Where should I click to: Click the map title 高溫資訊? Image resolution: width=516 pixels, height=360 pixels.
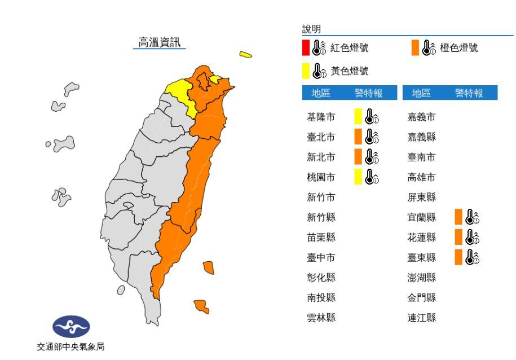160,42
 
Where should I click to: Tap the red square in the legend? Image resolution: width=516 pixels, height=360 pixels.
306,48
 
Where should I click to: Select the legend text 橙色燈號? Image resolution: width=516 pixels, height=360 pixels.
458,48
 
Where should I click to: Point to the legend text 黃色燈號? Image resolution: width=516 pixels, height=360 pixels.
349,71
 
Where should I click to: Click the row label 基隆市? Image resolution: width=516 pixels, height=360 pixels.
321,117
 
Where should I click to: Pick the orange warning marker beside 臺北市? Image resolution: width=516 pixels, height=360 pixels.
358,137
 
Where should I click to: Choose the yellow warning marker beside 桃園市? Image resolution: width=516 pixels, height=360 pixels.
358,177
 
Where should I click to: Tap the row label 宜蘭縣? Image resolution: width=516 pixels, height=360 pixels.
422,217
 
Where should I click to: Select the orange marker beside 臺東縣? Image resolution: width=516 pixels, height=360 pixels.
458,257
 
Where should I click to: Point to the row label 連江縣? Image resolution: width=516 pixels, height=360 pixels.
422,318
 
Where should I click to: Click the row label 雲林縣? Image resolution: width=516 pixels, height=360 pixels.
321,318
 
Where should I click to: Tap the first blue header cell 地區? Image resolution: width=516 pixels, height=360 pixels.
321,94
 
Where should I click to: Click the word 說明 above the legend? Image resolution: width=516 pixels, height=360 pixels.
311,29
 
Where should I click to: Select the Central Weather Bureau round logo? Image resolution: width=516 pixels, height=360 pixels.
71,326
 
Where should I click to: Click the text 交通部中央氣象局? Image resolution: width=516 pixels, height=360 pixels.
71,347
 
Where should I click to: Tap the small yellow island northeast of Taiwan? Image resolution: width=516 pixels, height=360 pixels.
245,55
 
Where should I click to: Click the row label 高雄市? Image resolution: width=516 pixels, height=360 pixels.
422,177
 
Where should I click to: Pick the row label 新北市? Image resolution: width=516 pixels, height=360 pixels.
321,157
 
